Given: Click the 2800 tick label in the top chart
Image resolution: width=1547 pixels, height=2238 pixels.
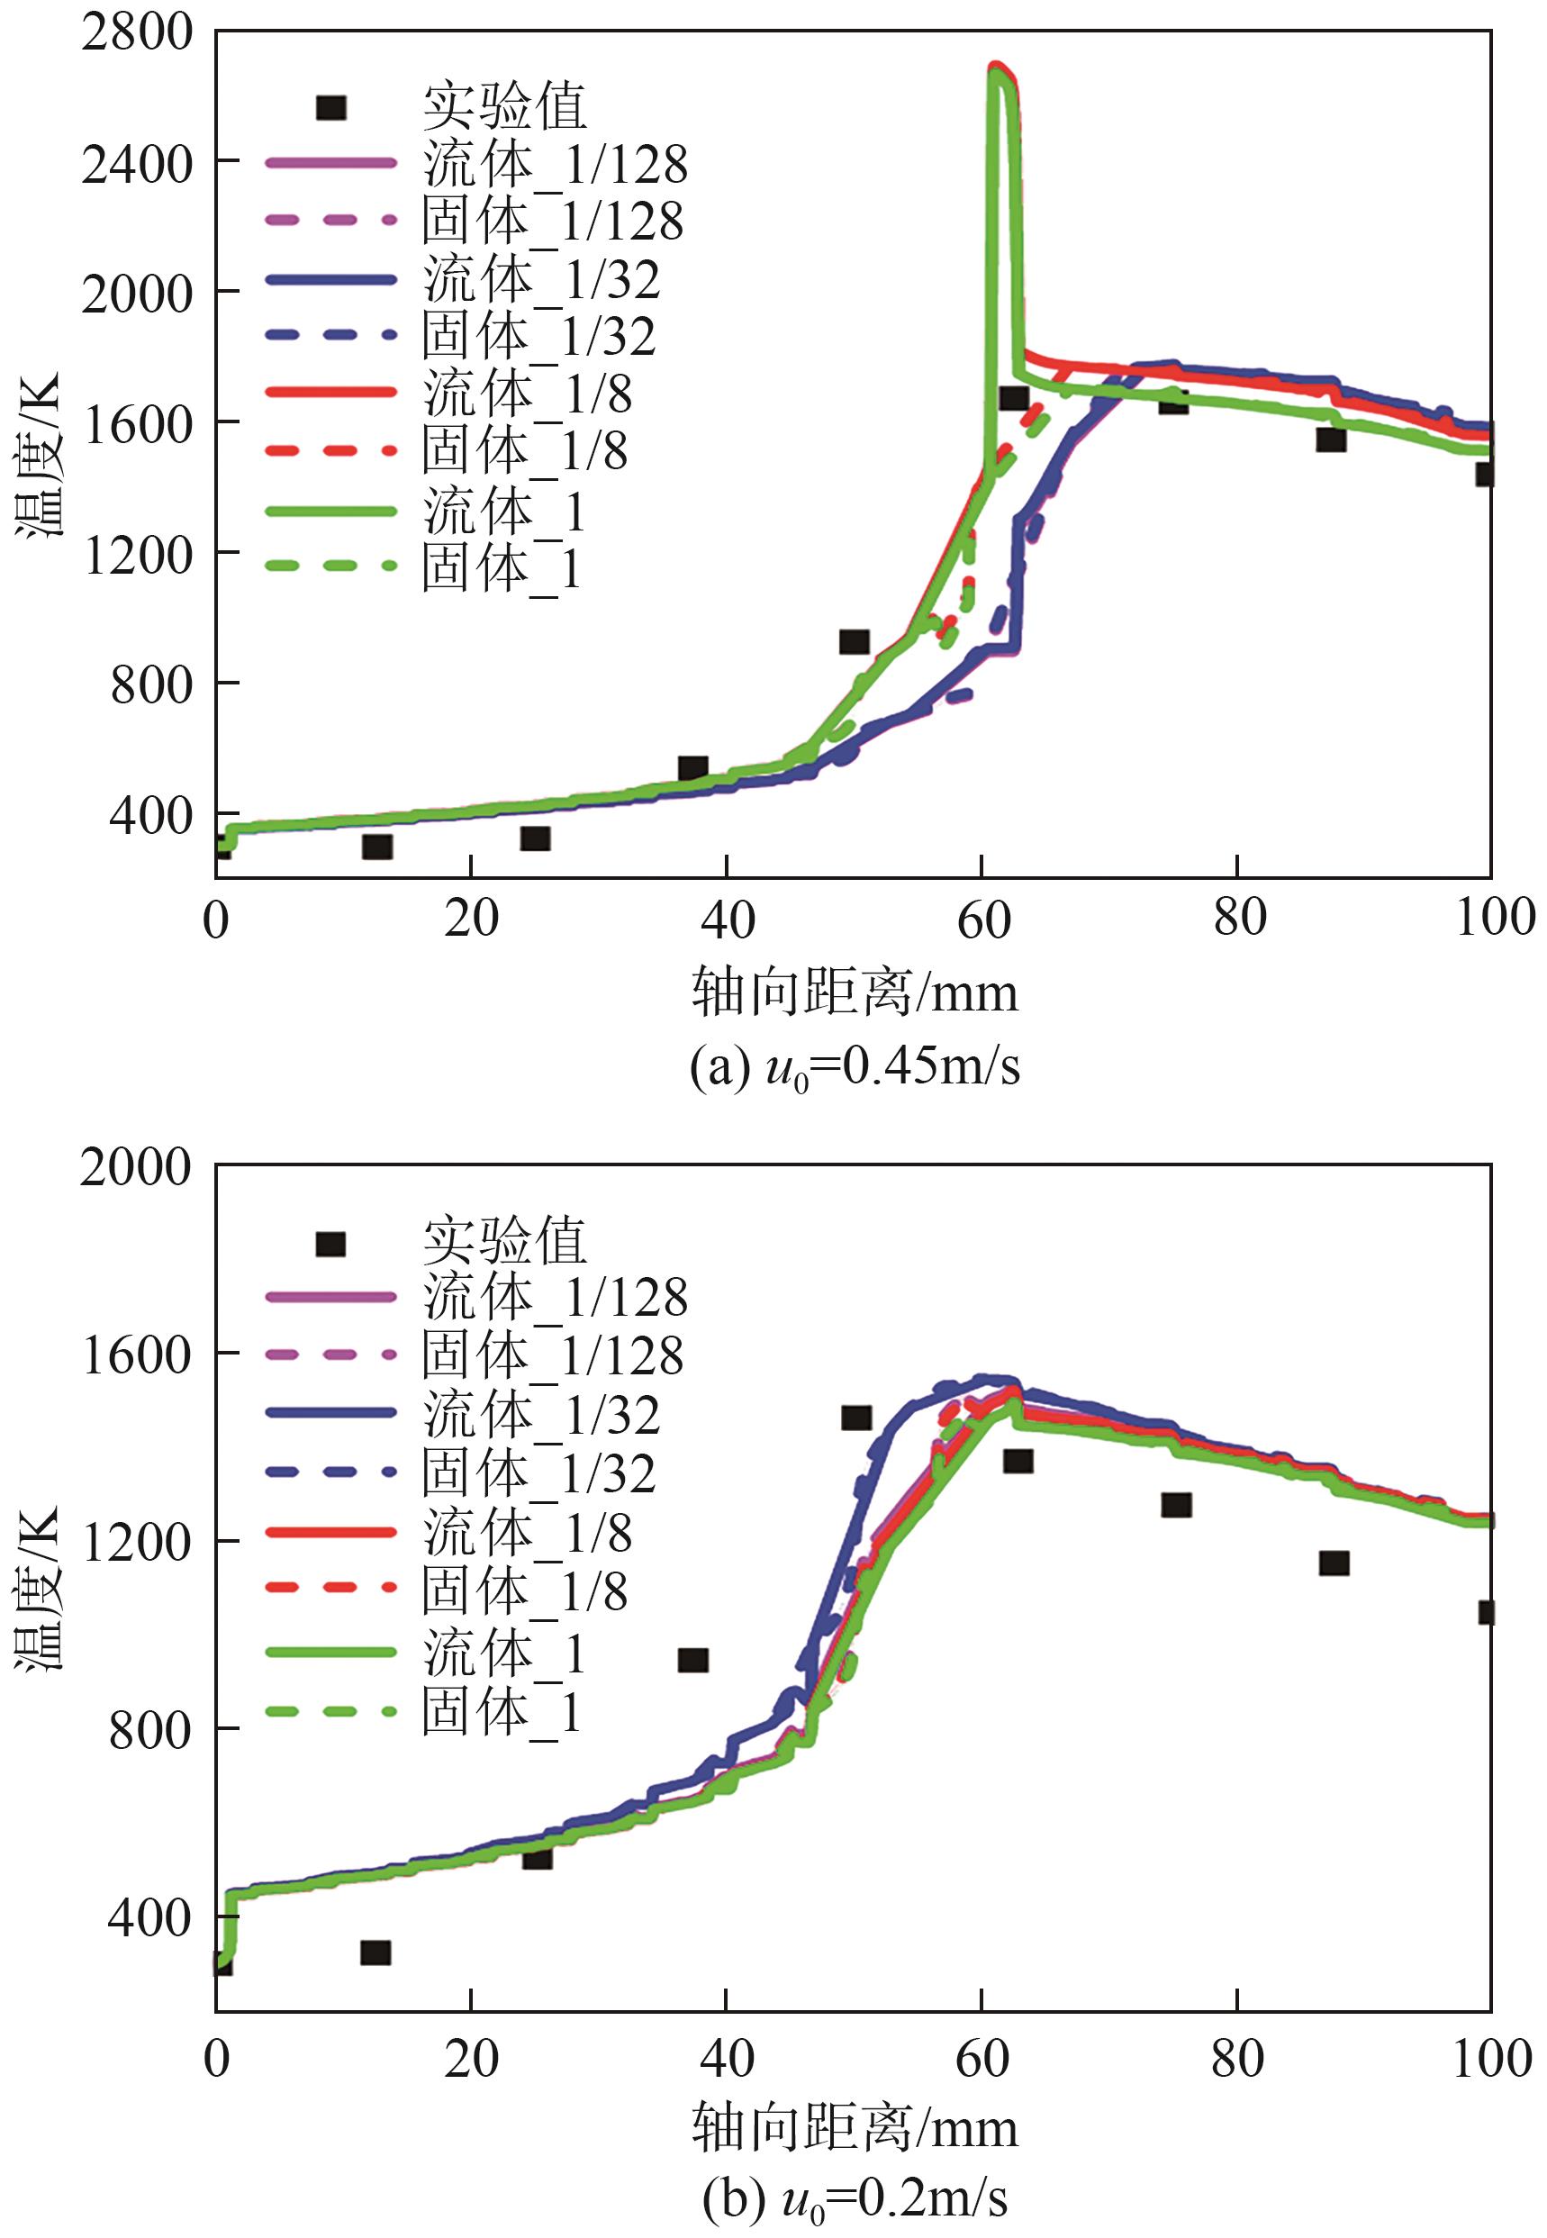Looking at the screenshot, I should tap(138, 33).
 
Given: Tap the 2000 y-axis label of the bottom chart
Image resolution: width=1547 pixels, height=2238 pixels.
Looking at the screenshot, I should tap(136, 1167).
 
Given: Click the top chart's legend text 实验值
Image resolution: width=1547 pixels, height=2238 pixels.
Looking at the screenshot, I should tap(505, 106).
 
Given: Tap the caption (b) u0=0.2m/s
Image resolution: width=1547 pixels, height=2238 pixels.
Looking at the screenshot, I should tap(854, 2198).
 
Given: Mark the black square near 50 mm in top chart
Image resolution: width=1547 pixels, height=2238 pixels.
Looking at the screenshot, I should tap(854, 641).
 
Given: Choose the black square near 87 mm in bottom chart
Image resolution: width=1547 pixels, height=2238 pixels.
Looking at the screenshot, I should tap(1334, 1563).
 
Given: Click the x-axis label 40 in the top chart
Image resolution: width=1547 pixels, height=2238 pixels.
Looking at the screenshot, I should tap(727, 919).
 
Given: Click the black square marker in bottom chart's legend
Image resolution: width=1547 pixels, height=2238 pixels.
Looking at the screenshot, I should tap(330, 1244).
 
